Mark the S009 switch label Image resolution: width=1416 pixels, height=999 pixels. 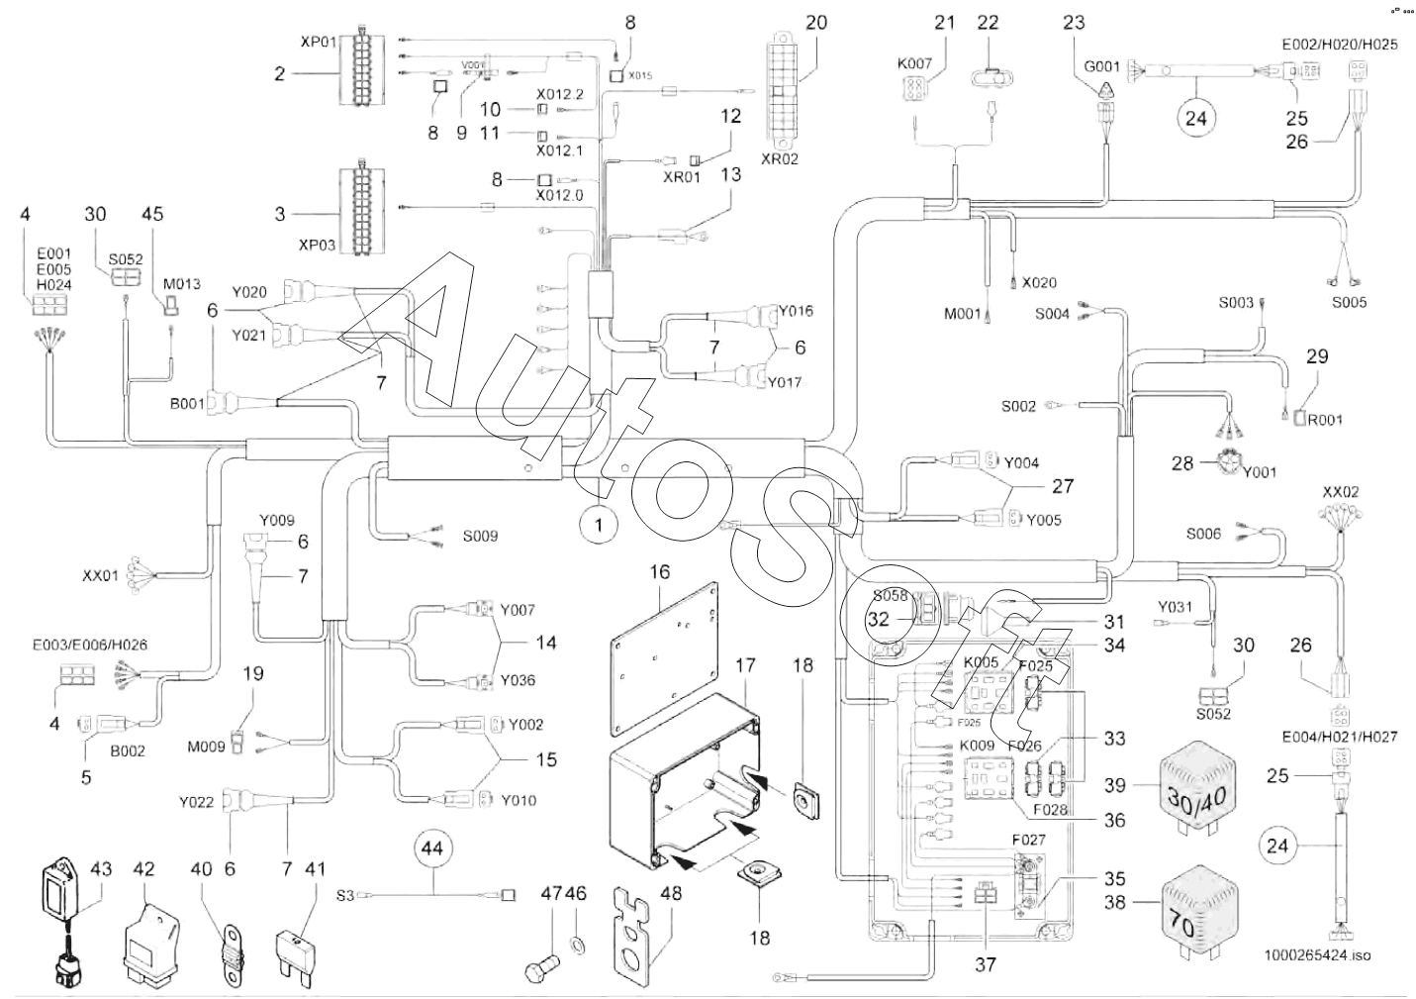pos(480,536)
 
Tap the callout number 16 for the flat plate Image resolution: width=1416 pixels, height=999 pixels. pos(660,571)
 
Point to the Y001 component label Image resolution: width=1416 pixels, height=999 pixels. pos(1259,472)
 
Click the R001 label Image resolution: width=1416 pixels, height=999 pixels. pos(1325,419)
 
